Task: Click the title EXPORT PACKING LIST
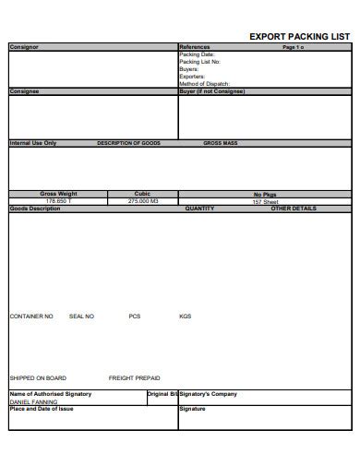(x=300, y=37)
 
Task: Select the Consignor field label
(x=24, y=47)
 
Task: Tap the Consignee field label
(x=25, y=91)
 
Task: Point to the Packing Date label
(x=197, y=54)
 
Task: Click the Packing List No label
(x=199, y=62)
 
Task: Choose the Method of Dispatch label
(x=203, y=84)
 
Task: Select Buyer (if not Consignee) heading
(x=211, y=91)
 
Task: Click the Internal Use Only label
(x=32, y=143)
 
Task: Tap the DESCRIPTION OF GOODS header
(x=128, y=143)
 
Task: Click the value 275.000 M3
(x=143, y=201)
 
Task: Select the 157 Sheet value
(x=265, y=201)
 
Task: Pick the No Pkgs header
(x=265, y=195)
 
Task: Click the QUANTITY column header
(x=199, y=209)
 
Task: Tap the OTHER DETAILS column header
(x=293, y=209)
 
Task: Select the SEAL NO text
(x=81, y=317)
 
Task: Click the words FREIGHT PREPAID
(x=134, y=378)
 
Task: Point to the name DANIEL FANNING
(x=33, y=401)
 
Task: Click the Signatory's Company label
(x=208, y=394)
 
